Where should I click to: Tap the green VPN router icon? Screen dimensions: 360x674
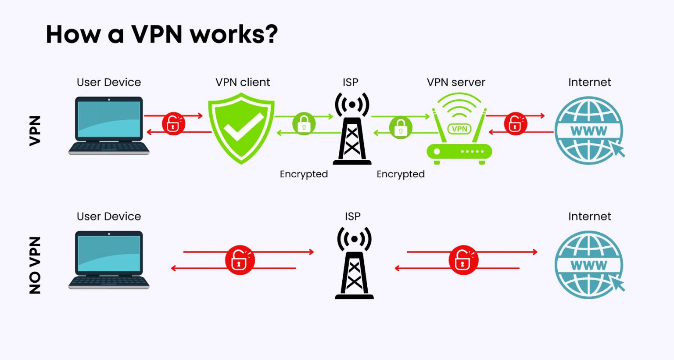(459, 132)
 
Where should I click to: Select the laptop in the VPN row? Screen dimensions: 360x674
(109, 125)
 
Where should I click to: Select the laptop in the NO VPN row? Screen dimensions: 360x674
(109, 259)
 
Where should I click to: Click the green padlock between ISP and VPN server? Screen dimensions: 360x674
(401, 127)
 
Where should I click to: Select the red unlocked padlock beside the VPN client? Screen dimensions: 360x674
(173, 123)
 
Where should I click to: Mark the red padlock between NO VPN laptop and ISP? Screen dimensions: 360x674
(240, 260)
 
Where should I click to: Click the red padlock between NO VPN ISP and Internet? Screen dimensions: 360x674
(463, 260)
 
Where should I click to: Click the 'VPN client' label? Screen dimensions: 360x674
(243, 82)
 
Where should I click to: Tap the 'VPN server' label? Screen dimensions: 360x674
(456, 82)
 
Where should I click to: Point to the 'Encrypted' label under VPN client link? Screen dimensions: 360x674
(304, 174)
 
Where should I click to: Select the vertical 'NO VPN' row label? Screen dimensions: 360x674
(35, 265)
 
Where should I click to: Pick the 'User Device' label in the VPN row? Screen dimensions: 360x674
(109, 82)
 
